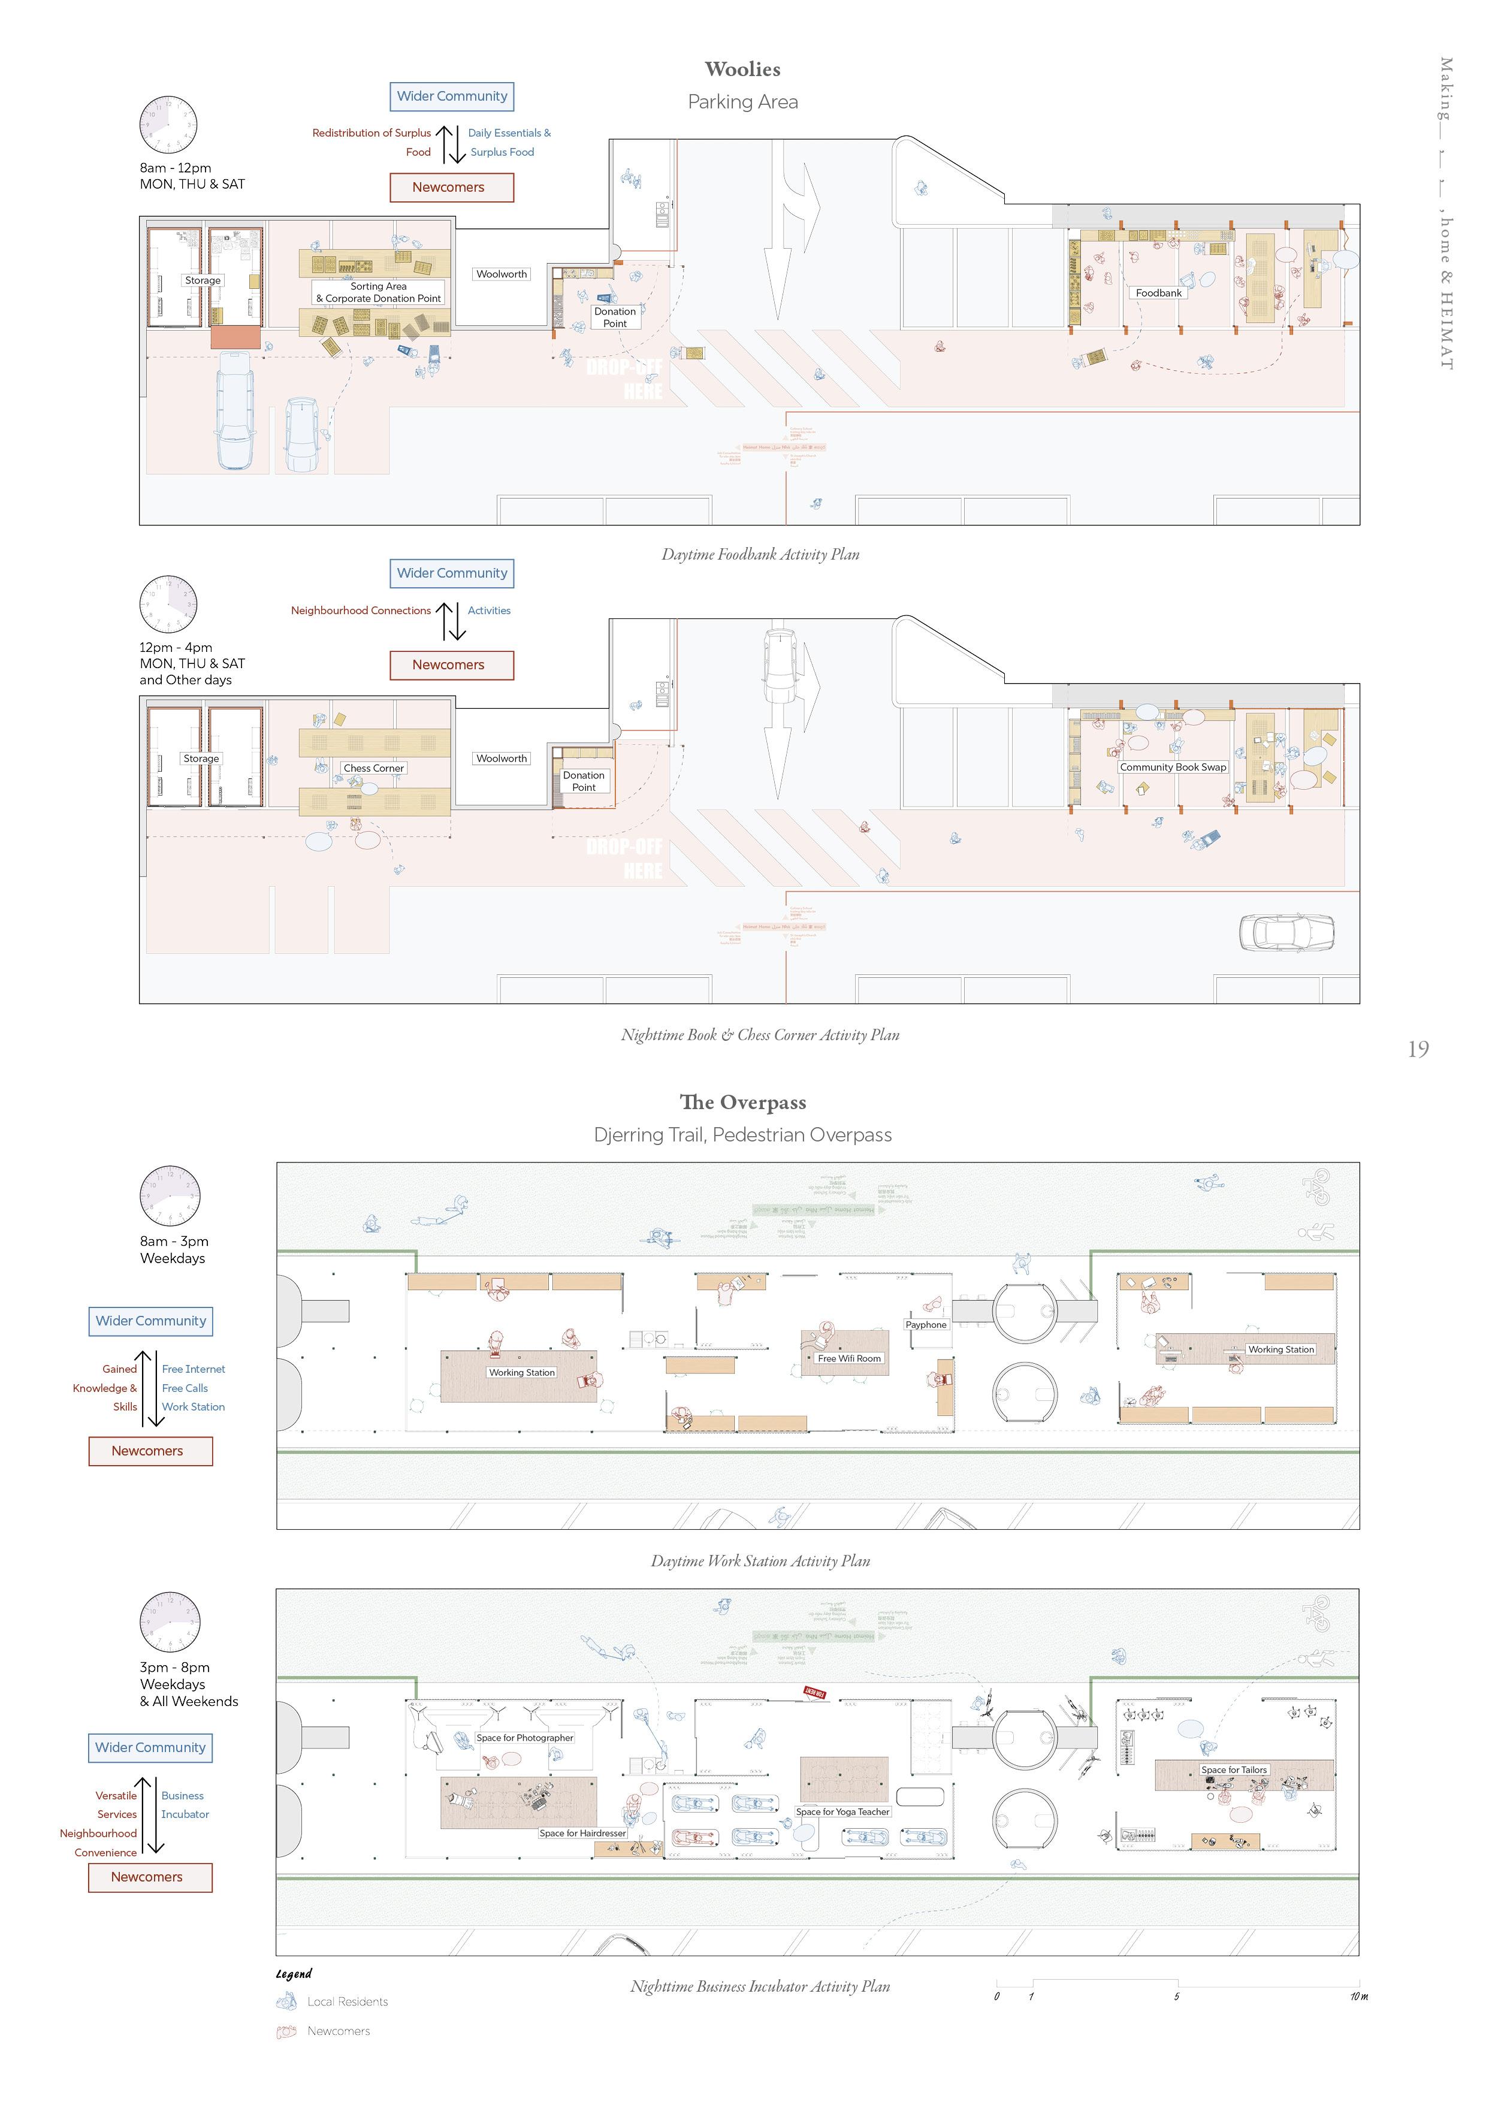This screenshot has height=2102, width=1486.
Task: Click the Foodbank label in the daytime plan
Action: (1158, 293)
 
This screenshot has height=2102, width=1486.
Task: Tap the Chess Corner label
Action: (373, 768)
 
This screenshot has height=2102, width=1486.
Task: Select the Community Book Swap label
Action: (1172, 767)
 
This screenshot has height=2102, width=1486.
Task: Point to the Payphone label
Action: (926, 1325)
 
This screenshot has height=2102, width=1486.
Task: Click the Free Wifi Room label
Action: (848, 1358)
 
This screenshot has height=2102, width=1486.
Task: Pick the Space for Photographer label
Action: (525, 1738)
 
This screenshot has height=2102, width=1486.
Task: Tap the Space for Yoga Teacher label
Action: (842, 1812)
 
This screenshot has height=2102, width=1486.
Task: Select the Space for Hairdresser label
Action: (582, 1833)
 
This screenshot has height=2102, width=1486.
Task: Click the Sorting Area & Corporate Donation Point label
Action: (378, 292)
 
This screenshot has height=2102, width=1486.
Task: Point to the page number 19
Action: (1417, 1049)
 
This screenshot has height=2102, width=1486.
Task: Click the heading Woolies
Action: (742, 70)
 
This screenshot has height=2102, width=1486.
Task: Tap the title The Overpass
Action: (742, 1103)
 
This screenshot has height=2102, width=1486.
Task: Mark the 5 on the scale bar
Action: (1177, 1997)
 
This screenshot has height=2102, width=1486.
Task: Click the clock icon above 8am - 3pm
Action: (170, 1195)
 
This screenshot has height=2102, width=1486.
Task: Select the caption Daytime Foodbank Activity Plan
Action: (760, 554)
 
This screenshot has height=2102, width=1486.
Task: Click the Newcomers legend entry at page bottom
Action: (338, 2031)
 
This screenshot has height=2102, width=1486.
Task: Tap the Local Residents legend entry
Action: (347, 2001)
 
